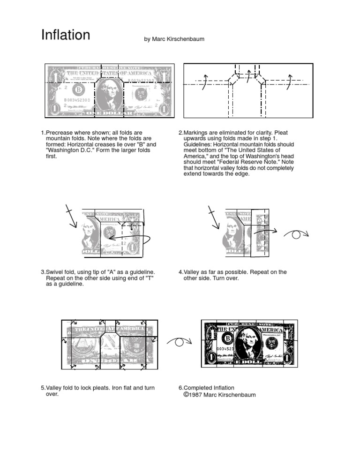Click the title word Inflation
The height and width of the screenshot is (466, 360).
tap(66, 35)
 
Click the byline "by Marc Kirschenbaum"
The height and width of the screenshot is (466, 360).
tap(174, 39)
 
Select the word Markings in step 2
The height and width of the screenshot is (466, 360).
tap(197, 133)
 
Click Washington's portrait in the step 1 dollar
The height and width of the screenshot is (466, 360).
tap(109, 92)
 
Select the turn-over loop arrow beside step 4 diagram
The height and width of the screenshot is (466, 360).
tap(297, 234)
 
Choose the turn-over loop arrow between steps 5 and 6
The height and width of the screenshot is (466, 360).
tap(179, 342)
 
